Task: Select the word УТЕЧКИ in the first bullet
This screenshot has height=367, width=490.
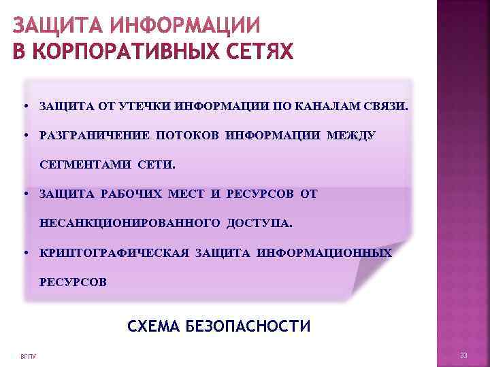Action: pyautogui.click(x=145, y=107)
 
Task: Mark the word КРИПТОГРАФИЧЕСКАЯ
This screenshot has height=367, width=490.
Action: pyautogui.click(x=114, y=253)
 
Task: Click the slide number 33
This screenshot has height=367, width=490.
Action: pyautogui.click(x=463, y=357)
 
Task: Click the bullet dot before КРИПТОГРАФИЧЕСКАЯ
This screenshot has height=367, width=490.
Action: pyautogui.click(x=24, y=253)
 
